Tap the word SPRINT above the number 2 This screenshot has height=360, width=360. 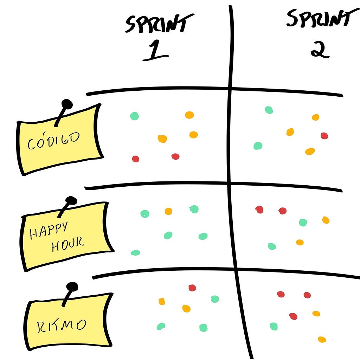coord(318,18)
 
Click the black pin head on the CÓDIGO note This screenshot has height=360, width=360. coord(67,104)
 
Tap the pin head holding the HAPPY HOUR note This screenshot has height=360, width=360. coord(71,201)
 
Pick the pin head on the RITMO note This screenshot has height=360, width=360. coord(72,287)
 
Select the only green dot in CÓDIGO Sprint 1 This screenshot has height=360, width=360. coord(134,116)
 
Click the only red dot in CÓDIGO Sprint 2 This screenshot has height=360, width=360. coord(324,136)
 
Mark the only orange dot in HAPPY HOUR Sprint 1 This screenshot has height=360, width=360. coord(168,211)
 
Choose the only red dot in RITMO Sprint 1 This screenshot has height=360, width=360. coord(192,288)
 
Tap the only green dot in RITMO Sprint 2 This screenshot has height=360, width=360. coord(274,327)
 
